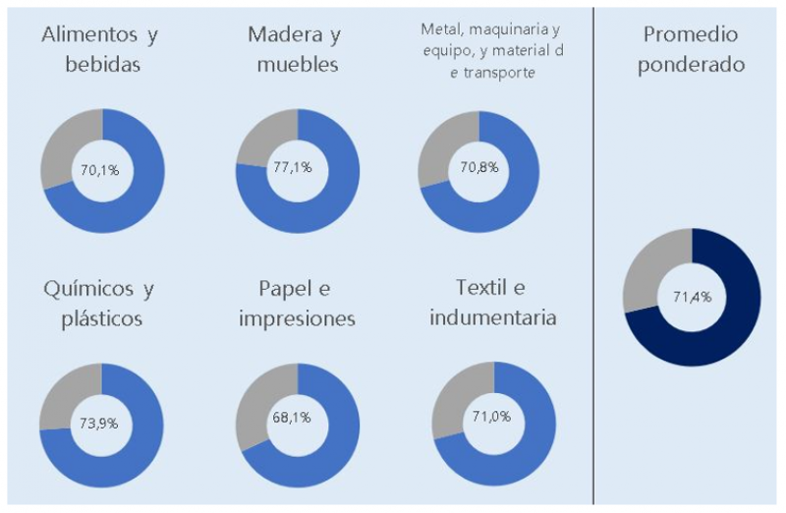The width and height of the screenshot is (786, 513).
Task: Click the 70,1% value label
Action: [100, 170]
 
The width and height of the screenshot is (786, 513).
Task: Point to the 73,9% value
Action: [99, 424]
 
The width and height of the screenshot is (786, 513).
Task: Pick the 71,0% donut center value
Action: [494, 417]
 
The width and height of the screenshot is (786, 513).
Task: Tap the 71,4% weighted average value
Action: [692, 297]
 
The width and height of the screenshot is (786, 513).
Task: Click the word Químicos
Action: [85, 289]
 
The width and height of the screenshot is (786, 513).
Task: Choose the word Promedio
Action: [692, 34]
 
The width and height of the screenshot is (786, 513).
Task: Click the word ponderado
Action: [692, 66]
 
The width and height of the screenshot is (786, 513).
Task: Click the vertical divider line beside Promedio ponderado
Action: [593, 256]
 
